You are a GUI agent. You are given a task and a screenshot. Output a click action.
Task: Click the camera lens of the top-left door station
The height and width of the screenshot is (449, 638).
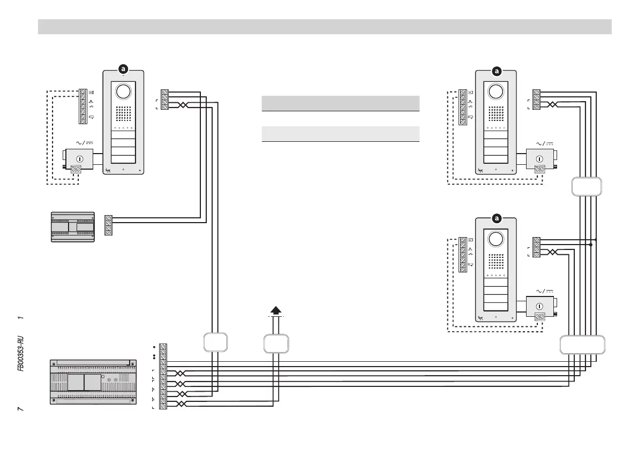click(x=123, y=92)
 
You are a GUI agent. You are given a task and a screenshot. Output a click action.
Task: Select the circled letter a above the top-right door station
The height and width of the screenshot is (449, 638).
click(x=497, y=71)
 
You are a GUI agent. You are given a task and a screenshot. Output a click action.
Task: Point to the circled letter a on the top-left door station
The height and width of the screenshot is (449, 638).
click(x=123, y=69)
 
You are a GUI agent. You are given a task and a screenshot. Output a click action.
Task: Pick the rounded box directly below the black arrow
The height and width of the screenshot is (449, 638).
click(x=276, y=343)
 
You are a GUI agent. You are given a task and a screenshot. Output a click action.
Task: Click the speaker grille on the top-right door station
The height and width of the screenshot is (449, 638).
click(x=496, y=112)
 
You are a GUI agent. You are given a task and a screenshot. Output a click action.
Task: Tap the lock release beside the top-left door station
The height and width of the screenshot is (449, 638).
click(x=79, y=159)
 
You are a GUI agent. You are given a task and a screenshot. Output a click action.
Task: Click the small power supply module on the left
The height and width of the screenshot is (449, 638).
click(x=72, y=227)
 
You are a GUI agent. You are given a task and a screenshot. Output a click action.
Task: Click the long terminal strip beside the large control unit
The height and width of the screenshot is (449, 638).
click(x=163, y=377)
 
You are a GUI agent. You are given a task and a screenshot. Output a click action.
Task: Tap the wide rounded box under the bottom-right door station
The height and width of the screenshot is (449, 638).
click(x=582, y=345)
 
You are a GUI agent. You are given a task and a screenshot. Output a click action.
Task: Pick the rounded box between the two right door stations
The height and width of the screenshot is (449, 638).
click(x=587, y=186)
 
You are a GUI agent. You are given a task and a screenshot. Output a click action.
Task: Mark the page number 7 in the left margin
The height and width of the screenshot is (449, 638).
click(x=20, y=409)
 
